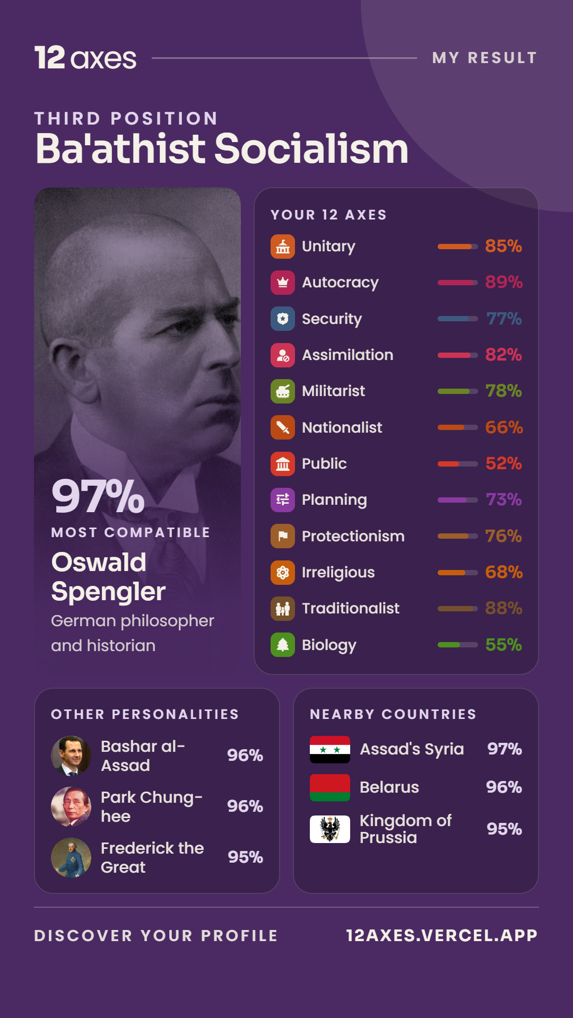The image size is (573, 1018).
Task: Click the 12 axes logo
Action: tap(85, 58)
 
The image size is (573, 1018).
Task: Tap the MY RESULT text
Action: tap(485, 58)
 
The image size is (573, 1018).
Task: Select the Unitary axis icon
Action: tap(283, 247)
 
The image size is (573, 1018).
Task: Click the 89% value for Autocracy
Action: tap(503, 282)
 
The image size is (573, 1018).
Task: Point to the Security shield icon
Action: tap(283, 319)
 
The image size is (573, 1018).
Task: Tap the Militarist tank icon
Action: tap(283, 391)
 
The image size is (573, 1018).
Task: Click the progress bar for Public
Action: tap(457, 464)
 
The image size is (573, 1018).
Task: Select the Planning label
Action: tap(334, 500)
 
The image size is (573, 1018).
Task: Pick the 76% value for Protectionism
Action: tap(503, 536)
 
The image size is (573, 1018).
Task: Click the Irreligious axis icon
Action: tap(283, 573)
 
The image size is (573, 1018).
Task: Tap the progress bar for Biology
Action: tap(457, 645)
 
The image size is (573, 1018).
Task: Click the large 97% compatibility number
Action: tap(98, 496)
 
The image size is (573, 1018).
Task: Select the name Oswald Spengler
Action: tap(108, 577)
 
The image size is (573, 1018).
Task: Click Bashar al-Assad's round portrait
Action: tap(71, 756)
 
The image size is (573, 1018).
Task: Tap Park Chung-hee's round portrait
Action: tap(71, 806)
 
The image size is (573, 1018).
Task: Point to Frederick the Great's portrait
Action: tap(71, 857)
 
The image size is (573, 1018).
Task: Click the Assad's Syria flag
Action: tap(330, 749)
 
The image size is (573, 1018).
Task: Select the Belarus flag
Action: tap(330, 787)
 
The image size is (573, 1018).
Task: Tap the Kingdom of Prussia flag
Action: tap(330, 829)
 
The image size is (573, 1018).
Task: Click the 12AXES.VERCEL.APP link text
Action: tap(442, 935)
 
